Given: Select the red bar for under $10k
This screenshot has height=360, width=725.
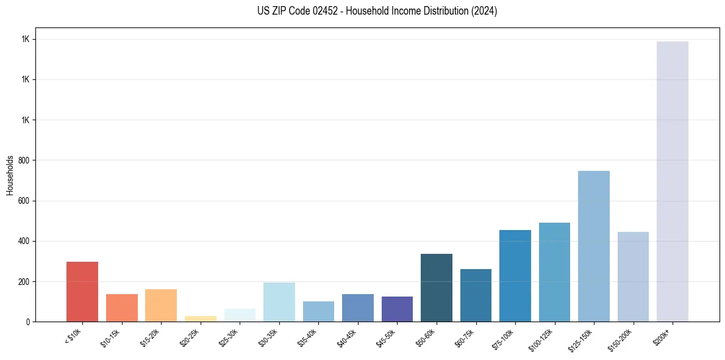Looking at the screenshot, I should [x=82, y=292].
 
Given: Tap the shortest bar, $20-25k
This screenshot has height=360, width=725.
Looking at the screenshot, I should [x=201, y=319].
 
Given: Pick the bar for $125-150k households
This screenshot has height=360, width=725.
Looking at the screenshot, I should [x=593, y=246].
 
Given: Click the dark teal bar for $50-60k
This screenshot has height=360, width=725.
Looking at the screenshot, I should [x=436, y=287].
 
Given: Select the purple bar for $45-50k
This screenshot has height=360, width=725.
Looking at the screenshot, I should [x=397, y=309].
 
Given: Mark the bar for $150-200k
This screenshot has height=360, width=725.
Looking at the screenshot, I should [x=633, y=276].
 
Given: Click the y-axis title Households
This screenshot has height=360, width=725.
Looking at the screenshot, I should [x=10, y=175].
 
